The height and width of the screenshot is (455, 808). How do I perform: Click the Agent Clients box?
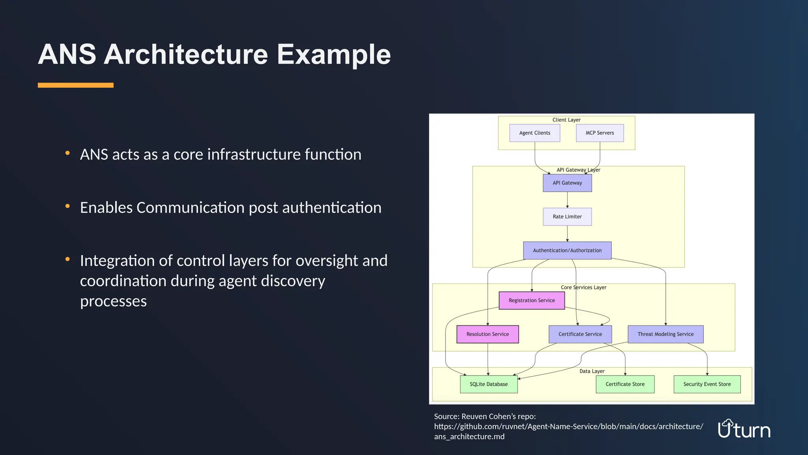point(535,133)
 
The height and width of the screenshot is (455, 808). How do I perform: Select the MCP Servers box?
point(600,133)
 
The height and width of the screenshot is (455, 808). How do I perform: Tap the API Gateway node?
point(567,183)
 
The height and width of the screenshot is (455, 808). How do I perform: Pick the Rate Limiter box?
point(567,217)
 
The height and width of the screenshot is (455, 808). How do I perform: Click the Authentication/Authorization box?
point(567,250)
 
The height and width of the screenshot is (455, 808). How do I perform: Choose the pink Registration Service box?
point(531,301)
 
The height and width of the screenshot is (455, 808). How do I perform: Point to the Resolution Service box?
point(488,334)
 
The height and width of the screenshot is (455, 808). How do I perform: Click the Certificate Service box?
point(580,334)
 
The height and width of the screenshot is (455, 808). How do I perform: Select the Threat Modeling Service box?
point(666,334)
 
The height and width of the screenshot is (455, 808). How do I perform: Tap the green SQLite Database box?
point(489,384)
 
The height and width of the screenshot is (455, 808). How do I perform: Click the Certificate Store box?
point(625,384)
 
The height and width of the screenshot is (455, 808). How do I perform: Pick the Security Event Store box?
point(707,384)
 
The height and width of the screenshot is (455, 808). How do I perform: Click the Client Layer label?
point(566,120)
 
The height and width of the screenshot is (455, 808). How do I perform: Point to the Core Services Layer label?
point(584,288)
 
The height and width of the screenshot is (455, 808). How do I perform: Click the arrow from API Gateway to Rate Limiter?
point(567,200)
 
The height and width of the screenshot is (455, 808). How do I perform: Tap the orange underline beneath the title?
point(76,85)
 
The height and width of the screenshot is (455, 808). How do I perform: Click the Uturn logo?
point(744,429)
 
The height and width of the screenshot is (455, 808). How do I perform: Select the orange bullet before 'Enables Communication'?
point(67,206)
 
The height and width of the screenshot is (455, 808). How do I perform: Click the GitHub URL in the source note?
point(568,427)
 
